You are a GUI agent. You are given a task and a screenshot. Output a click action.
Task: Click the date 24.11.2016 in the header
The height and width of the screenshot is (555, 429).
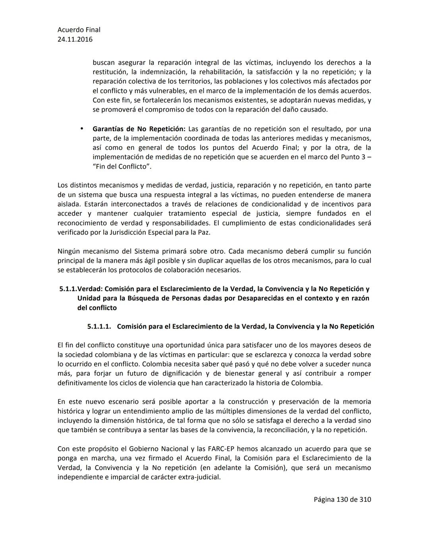click(75, 39)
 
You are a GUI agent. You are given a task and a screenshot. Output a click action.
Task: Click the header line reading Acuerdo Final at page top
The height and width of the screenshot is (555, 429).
click(79, 30)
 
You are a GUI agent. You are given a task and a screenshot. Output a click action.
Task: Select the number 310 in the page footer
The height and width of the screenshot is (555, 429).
click(365, 499)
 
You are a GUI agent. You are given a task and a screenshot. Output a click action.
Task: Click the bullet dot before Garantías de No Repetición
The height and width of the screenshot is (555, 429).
click(81, 129)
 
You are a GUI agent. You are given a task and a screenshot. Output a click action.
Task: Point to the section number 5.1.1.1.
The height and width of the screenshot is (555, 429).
click(99, 327)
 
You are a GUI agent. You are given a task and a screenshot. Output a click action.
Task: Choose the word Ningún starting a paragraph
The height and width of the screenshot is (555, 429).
click(70, 251)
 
